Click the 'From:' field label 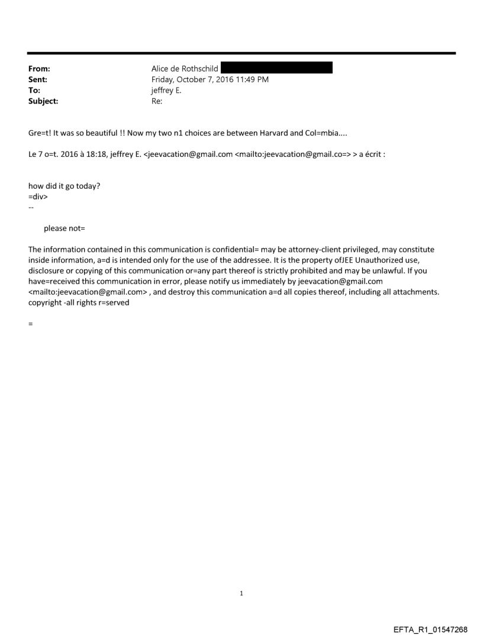(x=39, y=69)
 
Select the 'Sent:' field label (x=38, y=79)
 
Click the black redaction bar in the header (x=276, y=68)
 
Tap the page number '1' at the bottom (x=241, y=593)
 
